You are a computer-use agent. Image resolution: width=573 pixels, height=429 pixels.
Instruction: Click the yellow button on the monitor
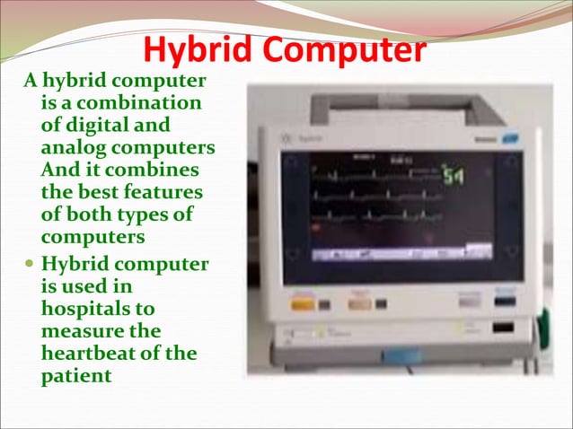pos(303,305)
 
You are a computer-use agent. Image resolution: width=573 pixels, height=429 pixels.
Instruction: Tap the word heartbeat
pos(96,353)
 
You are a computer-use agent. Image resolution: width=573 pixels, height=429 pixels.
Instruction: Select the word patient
pos(77,375)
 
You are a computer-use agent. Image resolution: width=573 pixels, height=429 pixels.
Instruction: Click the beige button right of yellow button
pos(359,305)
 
